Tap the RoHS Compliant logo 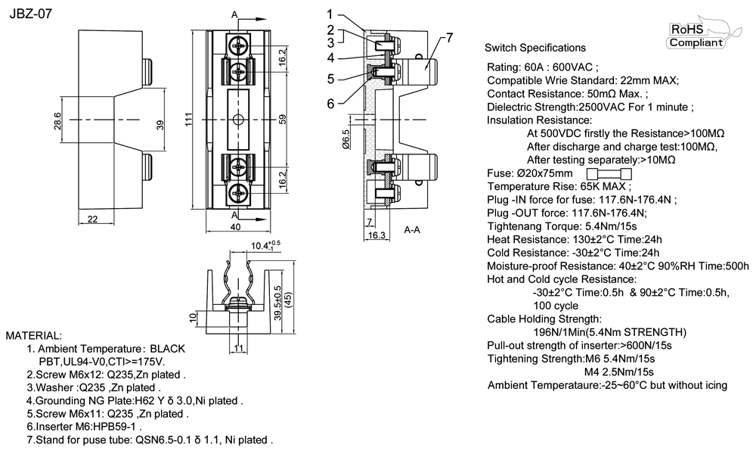point(695,36)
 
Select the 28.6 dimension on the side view point(57,120)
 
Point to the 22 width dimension point(91,219)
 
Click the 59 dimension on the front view point(283,120)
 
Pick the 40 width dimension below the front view point(235,226)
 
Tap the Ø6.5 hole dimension point(345,141)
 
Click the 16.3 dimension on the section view point(376,236)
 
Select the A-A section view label point(413,229)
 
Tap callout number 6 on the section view point(330,103)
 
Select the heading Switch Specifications point(534,48)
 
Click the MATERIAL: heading point(34,334)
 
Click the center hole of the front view point(237,120)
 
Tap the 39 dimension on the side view point(160,126)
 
